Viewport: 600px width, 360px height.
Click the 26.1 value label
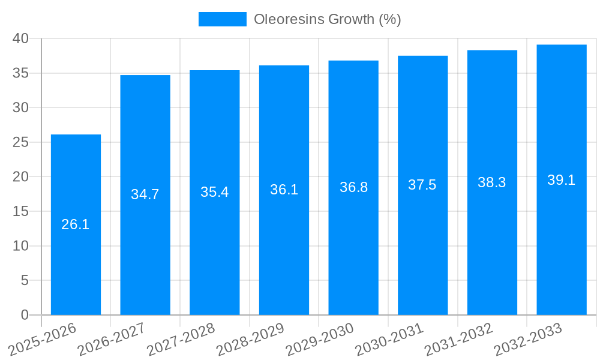pos(76,225)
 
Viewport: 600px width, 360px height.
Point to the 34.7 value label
pos(145,195)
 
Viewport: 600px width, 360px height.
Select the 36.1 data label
pos(284,190)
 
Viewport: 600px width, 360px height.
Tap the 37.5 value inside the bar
pos(422,185)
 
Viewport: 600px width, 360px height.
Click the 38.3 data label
pos(492,183)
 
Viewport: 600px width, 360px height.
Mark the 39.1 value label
pos(562,180)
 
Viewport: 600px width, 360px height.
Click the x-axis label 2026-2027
pos(112,339)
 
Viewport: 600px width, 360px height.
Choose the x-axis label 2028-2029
pos(250,339)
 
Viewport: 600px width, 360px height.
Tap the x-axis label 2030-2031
pos(389,339)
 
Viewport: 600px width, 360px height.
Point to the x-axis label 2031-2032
pos(459,339)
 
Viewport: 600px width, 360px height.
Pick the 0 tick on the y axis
pos(25,315)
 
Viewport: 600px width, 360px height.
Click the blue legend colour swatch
pos(222,19)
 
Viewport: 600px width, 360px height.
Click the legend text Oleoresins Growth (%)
pos(327,19)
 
